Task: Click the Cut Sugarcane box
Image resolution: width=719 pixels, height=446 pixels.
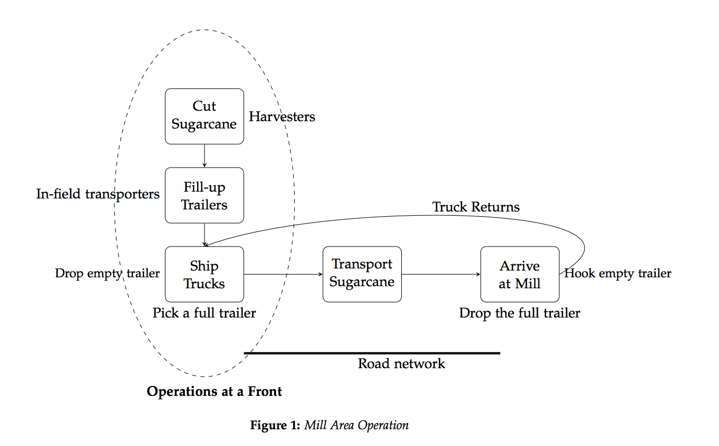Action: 204,116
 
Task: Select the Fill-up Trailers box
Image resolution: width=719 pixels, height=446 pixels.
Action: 204,195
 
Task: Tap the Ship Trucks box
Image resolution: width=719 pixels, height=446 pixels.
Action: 204,274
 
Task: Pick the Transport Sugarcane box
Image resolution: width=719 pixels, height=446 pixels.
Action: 362,274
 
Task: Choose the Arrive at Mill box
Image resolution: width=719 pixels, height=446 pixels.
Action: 520,274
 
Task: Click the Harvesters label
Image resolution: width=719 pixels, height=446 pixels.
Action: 282,116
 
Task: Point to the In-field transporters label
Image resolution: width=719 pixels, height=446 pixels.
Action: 98,194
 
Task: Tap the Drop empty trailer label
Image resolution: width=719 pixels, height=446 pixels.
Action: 107,273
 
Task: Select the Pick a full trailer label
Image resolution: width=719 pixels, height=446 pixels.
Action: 204,313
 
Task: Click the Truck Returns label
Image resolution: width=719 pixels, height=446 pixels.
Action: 476,207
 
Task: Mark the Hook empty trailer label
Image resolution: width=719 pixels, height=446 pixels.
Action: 618,273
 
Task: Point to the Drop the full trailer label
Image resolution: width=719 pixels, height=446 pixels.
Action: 520,313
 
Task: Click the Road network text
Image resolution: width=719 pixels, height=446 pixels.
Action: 401,363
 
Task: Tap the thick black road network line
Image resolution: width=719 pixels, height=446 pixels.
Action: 372,354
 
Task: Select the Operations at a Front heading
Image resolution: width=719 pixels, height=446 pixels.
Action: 214,392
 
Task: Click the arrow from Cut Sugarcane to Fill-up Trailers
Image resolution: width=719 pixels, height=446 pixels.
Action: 205,156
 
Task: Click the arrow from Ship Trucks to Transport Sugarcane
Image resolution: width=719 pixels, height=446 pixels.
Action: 283,274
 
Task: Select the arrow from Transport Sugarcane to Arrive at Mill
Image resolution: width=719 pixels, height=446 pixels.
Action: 441,274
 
